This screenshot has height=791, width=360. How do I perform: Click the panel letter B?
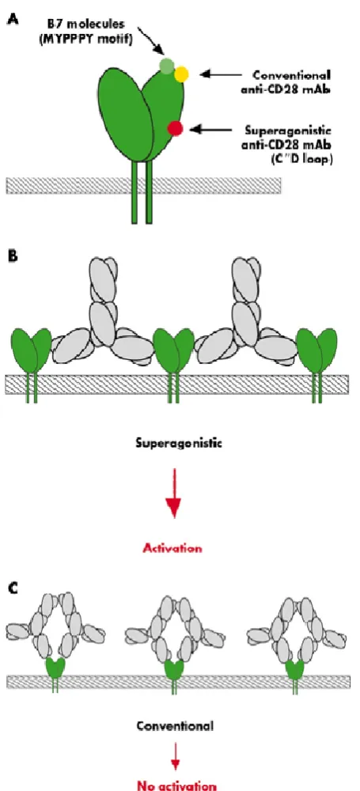[10, 255]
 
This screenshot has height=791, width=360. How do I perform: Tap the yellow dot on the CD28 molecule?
[182, 74]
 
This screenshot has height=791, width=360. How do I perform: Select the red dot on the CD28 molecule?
[175, 129]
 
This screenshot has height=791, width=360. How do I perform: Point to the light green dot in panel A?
[167, 65]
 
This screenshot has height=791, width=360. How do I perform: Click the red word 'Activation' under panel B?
[173, 548]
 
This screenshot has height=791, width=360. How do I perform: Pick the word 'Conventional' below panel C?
[175, 726]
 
